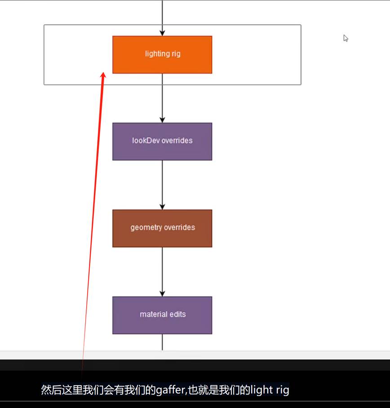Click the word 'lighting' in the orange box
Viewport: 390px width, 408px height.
pos(157,54)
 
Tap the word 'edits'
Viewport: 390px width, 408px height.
pos(178,314)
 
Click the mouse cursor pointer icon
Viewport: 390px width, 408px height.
pos(346,38)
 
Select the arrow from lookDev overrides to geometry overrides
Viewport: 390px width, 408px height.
pos(162,185)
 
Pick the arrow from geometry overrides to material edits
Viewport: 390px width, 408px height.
pos(162,272)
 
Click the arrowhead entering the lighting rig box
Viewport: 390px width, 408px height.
pos(162,33)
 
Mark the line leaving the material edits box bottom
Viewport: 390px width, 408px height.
pos(162,342)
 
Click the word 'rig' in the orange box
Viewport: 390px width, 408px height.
pos(175,54)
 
